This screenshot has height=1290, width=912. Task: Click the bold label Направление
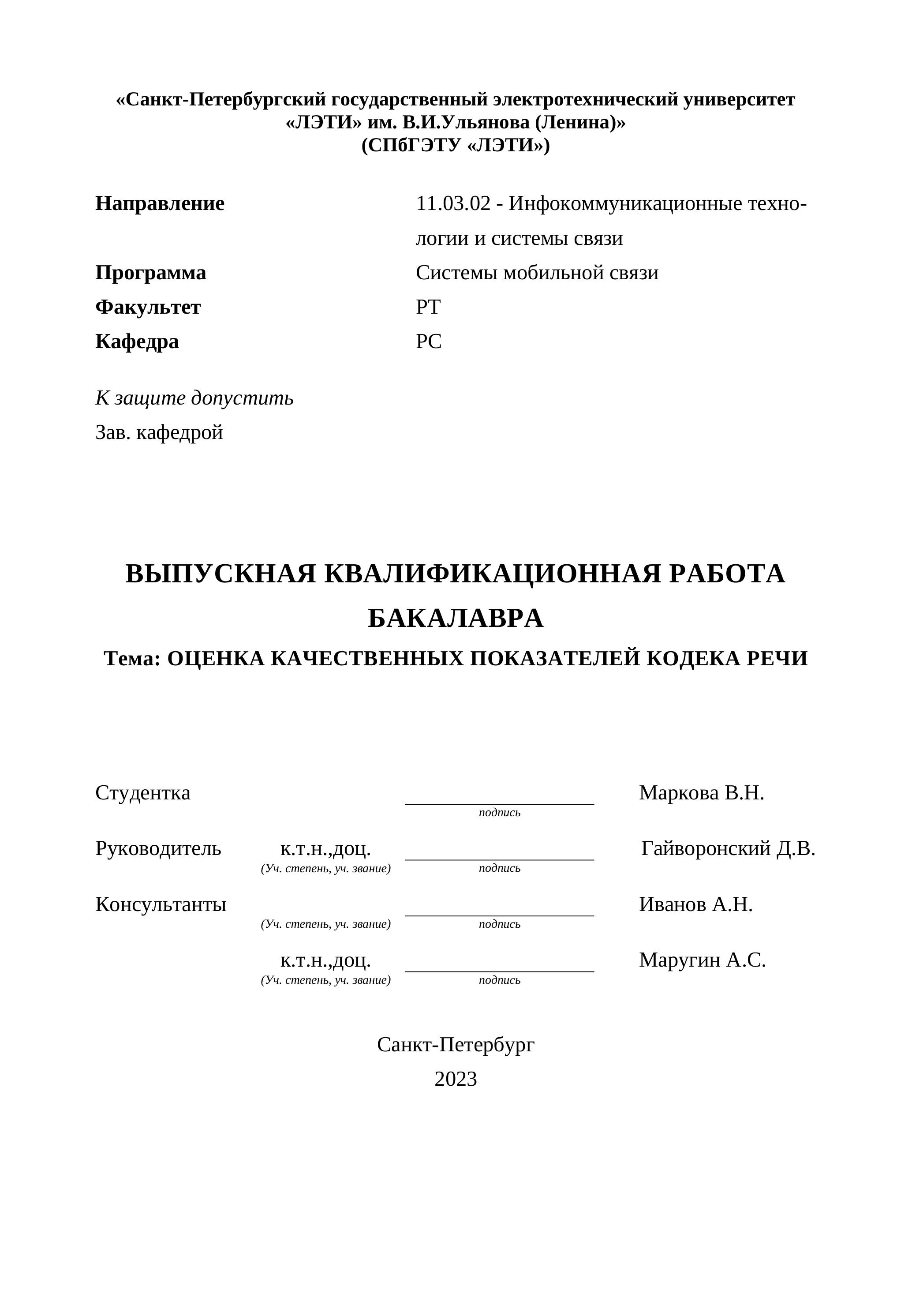(x=160, y=203)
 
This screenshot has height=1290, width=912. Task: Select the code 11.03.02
(x=453, y=203)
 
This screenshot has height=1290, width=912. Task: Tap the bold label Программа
(x=150, y=273)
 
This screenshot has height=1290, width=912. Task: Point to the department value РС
(x=429, y=341)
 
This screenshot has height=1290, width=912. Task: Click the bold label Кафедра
(x=137, y=341)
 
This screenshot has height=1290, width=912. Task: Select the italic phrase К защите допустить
(x=194, y=398)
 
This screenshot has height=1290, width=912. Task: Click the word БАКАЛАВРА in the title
(x=456, y=618)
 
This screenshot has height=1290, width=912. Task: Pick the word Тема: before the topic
(x=133, y=659)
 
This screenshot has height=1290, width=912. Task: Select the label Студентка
(x=142, y=793)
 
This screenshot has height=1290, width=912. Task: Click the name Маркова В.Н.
(x=701, y=793)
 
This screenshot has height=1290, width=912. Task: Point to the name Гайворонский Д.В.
(x=728, y=848)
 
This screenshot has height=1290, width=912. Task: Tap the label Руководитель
(x=158, y=848)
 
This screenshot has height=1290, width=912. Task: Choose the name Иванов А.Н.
(x=695, y=904)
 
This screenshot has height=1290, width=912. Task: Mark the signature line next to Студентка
(x=499, y=803)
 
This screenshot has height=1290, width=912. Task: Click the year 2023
(x=456, y=1079)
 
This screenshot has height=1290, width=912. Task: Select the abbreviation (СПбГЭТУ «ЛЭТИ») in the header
(x=456, y=146)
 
